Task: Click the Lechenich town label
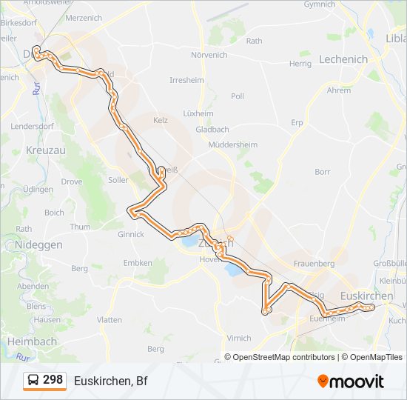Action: click(343, 59)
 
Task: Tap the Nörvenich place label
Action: click(209, 55)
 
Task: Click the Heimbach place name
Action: click(32, 341)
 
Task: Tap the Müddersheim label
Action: click(232, 144)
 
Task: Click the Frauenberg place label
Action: click(314, 263)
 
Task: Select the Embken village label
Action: click(138, 262)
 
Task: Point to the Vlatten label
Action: click(109, 319)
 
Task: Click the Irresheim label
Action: click(186, 80)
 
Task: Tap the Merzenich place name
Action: click(84, 16)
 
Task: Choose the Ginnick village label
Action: click(130, 234)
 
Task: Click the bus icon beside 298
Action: click(33, 381)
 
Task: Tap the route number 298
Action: click(53, 380)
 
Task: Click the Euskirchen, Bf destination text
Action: click(111, 381)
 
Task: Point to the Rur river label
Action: click(36, 88)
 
